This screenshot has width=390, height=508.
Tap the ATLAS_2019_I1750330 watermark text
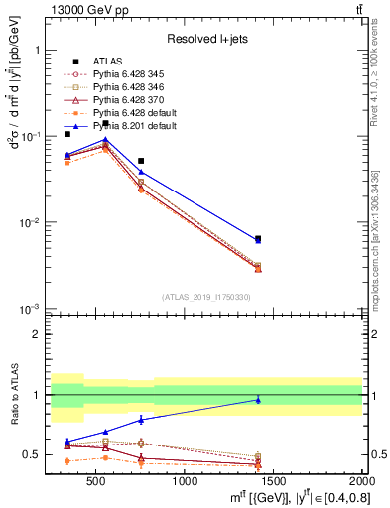[x=206, y=297]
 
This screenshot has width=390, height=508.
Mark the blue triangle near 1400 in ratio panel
[x=258, y=400]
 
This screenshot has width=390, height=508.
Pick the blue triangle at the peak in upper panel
[x=106, y=140]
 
